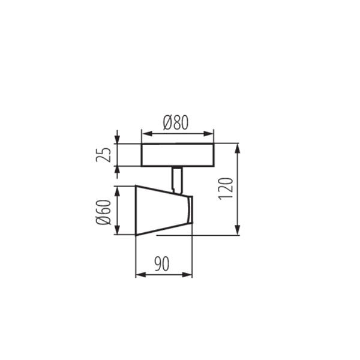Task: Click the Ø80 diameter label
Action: tap(176, 122)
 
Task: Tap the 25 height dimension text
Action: tap(106, 155)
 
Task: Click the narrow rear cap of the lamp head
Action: tap(189, 210)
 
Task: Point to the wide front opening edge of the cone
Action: tap(137, 211)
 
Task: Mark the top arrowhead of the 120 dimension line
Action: tap(238, 148)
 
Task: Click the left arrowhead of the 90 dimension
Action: tap(140, 275)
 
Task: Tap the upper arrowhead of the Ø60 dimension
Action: tap(118, 190)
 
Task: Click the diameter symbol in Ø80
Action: tap(167, 122)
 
